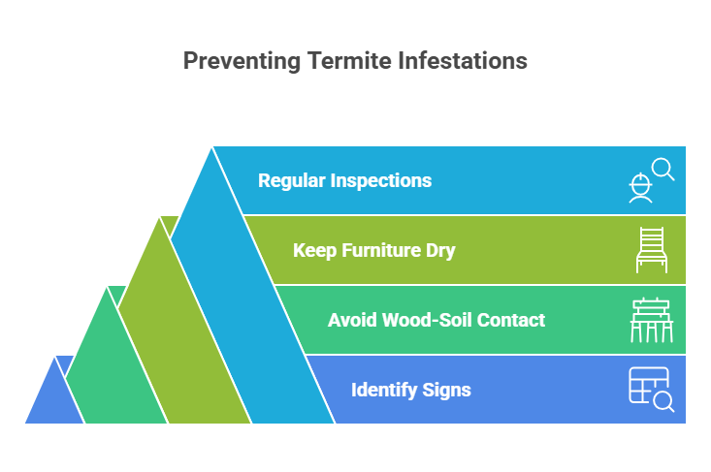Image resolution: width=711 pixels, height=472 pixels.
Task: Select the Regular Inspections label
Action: coord(344,180)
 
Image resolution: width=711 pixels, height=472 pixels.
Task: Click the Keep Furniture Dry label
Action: coord(373,250)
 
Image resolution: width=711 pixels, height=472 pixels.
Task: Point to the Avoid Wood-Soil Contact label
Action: coord(436,320)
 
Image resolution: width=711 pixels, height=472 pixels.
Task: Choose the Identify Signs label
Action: coord(410,390)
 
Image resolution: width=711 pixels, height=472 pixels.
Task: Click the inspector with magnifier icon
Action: coord(649,181)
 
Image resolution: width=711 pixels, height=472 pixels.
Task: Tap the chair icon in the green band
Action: coord(650,250)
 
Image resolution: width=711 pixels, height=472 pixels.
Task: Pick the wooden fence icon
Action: coord(650,320)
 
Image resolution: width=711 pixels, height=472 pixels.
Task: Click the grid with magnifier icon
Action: coord(650,390)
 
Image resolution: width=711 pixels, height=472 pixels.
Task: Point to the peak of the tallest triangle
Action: coord(211,146)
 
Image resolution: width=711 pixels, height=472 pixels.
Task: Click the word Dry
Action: coord(439,250)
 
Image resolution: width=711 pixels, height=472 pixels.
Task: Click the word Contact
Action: coord(510,320)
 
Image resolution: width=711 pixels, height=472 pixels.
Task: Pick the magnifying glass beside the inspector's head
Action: coord(663,170)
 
